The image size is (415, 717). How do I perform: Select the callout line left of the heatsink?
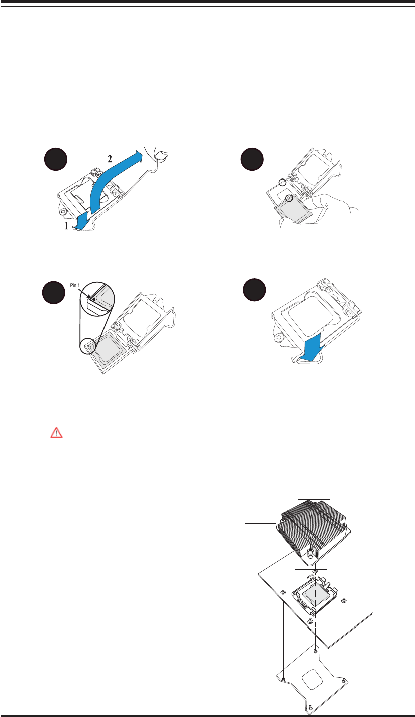point(259,523)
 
